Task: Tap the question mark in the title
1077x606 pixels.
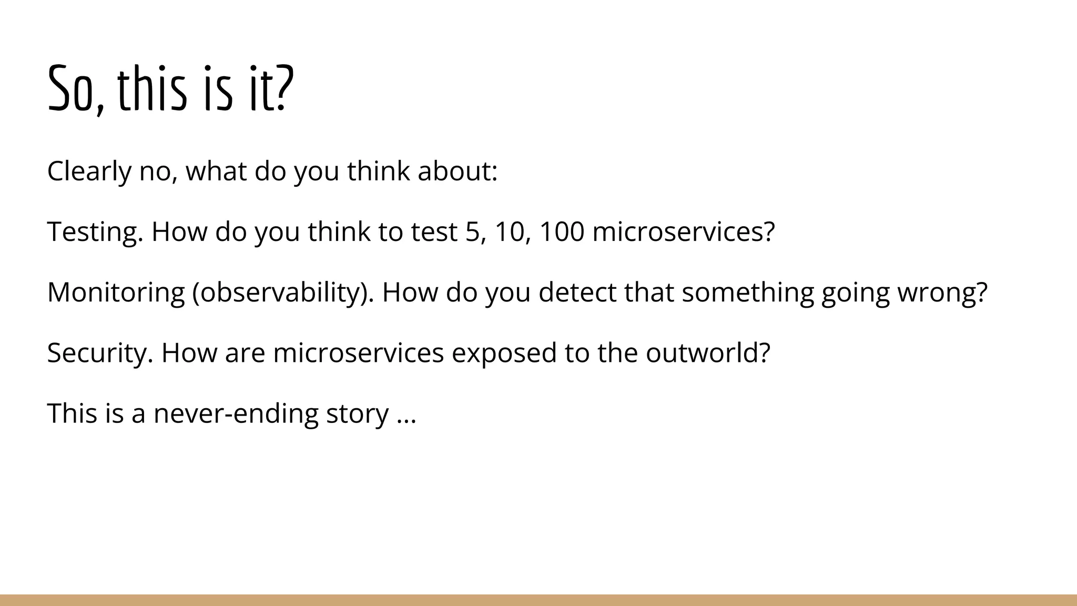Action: (x=282, y=88)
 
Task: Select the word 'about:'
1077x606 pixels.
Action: (x=458, y=171)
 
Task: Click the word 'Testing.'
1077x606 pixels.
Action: (x=95, y=233)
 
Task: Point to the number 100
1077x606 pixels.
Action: (x=562, y=231)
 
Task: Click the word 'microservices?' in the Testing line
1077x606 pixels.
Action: (x=684, y=231)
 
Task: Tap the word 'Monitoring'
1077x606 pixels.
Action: (x=116, y=293)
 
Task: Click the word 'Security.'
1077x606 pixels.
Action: (x=100, y=353)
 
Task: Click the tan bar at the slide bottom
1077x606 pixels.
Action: (x=538, y=600)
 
